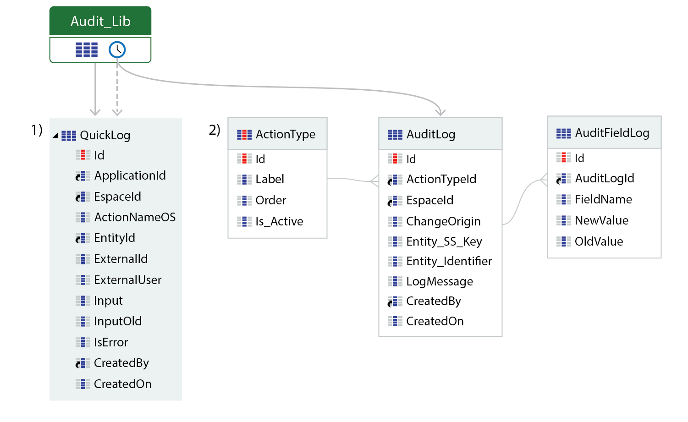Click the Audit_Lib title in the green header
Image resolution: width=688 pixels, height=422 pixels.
pos(100,22)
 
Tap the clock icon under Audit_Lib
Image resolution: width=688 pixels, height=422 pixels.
pos(117,50)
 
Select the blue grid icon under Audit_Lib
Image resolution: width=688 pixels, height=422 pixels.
pos(87,50)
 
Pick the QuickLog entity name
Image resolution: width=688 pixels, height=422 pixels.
pos(105,135)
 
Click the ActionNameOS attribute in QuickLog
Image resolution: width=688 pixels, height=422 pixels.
pos(135,217)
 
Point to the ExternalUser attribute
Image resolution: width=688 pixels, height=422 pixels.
pos(127,280)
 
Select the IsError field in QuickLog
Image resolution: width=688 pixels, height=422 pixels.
pos(111,342)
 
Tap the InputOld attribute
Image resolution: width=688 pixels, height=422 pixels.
pos(118,321)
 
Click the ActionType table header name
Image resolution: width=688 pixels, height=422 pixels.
pos(286,134)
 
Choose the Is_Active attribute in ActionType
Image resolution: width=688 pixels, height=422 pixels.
pos(279,221)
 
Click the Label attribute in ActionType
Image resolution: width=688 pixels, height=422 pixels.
pos(270,179)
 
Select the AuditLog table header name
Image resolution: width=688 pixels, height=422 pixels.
pos(430,134)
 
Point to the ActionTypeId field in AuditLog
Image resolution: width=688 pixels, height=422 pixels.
pos(441,179)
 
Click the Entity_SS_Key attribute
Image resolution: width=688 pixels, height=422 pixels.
pos(444,241)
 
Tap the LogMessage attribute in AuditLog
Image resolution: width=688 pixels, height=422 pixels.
pos(440,281)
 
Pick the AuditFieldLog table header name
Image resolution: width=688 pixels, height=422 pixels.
pos(612,133)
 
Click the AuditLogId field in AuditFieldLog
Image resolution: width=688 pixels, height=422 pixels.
pos(605,178)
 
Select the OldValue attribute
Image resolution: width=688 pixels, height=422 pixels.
pos(599,241)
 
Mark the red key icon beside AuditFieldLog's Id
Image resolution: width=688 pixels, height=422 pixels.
pos(564,158)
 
